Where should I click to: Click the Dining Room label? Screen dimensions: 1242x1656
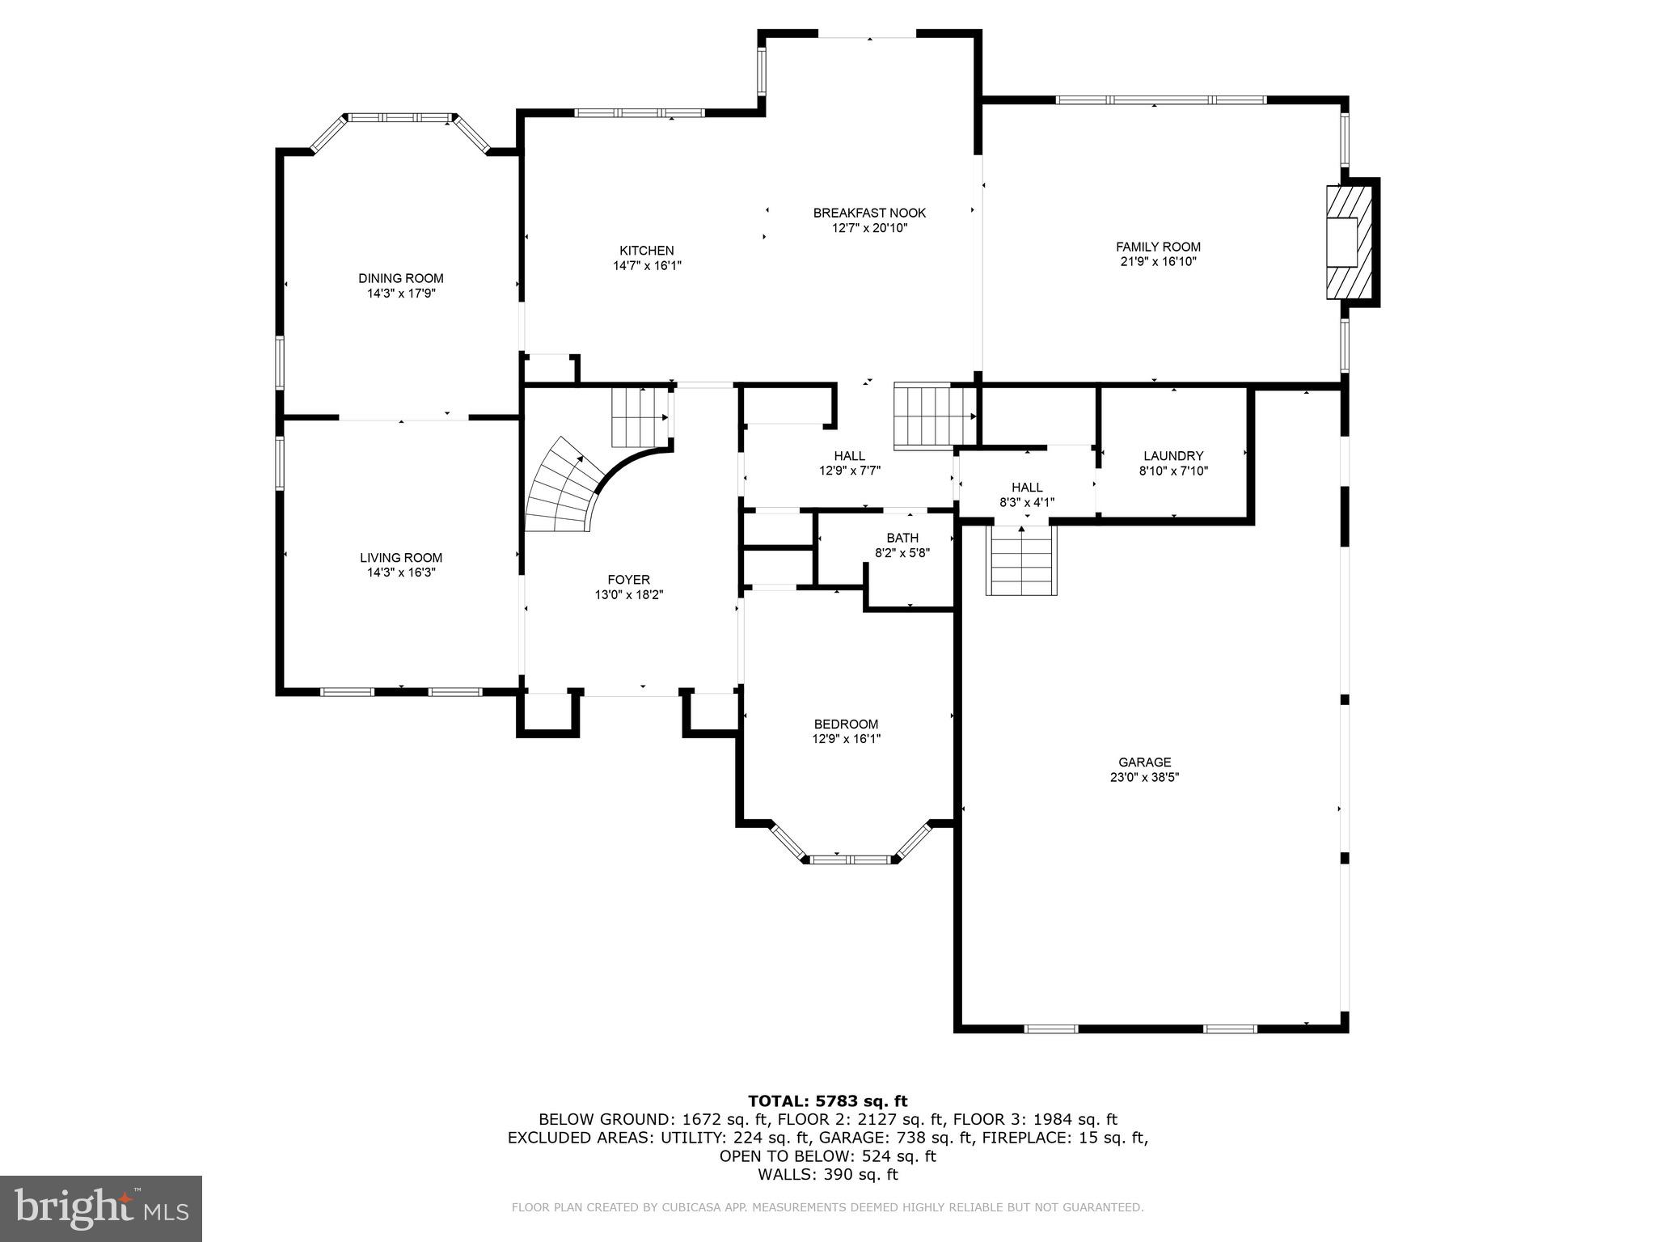pos(401,278)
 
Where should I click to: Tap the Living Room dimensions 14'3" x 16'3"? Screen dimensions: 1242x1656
pos(401,572)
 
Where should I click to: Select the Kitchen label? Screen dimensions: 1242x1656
pos(646,251)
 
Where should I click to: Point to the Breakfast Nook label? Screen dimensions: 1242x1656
pos(869,213)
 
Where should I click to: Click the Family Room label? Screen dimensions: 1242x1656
pos(1158,247)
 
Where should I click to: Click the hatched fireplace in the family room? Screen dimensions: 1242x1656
pos(1349,243)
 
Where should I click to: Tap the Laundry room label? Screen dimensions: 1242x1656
pos(1173,456)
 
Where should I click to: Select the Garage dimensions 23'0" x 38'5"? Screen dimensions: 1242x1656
pos(1144,777)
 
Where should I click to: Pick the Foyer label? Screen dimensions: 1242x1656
pos(628,580)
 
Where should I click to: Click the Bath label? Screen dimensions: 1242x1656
pos(902,538)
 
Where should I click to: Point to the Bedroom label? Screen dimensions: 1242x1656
pos(846,724)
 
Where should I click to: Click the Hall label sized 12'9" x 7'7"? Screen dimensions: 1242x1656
pos(849,456)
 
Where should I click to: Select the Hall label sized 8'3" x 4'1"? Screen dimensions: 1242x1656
pos(1027,488)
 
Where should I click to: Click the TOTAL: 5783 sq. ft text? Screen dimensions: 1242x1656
pos(827,1100)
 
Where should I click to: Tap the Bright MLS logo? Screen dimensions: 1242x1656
pos(101,1208)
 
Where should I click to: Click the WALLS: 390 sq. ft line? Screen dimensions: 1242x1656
pos(827,1174)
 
